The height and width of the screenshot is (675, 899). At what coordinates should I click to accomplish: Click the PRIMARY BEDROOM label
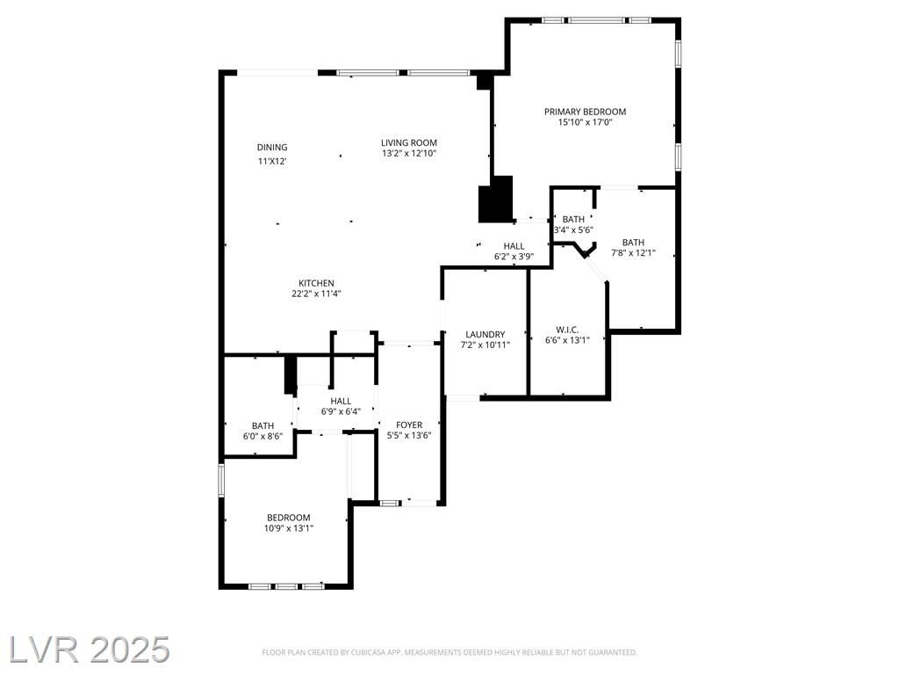tap(585, 112)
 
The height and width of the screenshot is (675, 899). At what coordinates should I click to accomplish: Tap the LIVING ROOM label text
tap(409, 142)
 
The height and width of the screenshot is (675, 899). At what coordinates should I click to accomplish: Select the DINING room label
tap(272, 148)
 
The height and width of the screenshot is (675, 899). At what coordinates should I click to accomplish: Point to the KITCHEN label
tap(316, 283)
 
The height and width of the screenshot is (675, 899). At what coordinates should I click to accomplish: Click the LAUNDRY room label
tap(485, 334)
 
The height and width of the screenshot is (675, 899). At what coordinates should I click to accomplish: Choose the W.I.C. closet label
tap(567, 330)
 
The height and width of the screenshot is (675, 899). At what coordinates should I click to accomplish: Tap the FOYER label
tap(409, 425)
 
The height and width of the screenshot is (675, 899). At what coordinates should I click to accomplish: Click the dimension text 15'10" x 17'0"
tap(586, 121)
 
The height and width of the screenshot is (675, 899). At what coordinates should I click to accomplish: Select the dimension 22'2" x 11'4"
tap(316, 294)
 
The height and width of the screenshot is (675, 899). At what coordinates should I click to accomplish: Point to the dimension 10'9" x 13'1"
tap(288, 528)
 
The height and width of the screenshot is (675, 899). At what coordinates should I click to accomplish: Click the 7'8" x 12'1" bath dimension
tap(633, 252)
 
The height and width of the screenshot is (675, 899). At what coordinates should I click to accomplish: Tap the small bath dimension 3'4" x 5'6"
tap(573, 229)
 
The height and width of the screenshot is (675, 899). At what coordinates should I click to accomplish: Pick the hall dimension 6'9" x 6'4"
tap(341, 411)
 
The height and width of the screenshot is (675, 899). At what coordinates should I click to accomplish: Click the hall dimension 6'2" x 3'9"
tap(514, 257)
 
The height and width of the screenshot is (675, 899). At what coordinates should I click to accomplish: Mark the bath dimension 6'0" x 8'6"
tap(263, 436)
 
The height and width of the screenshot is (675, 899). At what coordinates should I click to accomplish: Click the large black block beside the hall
tap(495, 199)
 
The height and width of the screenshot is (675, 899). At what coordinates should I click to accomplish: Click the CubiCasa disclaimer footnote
tap(449, 652)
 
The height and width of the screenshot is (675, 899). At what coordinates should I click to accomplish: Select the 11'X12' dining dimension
tap(272, 162)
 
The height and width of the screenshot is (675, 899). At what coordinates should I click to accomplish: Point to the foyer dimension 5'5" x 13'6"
tap(409, 435)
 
